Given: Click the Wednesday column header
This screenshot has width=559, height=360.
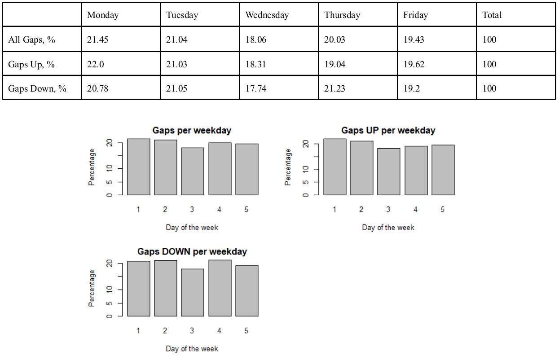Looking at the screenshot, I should [x=267, y=15].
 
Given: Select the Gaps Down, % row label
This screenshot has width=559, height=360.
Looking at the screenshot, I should [x=37, y=88].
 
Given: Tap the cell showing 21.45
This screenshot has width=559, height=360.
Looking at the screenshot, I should [x=98, y=40].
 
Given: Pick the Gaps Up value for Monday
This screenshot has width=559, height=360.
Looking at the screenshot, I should [x=95, y=64].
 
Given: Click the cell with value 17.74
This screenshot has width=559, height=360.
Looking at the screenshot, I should [x=255, y=88].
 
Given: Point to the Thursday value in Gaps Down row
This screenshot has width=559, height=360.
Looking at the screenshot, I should [x=335, y=88].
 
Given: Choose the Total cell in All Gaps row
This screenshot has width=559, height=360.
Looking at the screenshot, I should [x=489, y=40].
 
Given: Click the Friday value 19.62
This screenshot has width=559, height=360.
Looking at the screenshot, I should [x=414, y=64].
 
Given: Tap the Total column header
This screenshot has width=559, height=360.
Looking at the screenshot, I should [x=492, y=15].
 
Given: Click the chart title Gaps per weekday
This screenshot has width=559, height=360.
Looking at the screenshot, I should [x=192, y=131].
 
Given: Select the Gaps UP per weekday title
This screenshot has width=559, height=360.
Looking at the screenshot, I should [x=388, y=131].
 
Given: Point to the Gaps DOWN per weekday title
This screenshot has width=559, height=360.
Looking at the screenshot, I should [x=192, y=252].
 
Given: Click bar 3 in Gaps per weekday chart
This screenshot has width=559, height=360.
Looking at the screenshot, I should [x=193, y=171].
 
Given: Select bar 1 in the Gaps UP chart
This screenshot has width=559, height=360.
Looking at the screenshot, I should [x=335, y=167].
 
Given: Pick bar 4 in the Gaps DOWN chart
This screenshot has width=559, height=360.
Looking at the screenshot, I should [x=220, y=288].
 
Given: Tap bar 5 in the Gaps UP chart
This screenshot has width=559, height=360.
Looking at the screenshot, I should [x=443, y=170].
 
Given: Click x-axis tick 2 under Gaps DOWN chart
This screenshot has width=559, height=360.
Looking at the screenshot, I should [x=165, y=331].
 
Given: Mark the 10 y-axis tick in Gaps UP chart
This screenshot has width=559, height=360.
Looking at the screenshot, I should [x=306, y=169].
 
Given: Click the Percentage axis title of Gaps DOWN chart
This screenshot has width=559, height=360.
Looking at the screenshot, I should [x=92, y=288].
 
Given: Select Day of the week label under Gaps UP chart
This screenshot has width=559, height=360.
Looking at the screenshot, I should [x=388, y=228].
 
